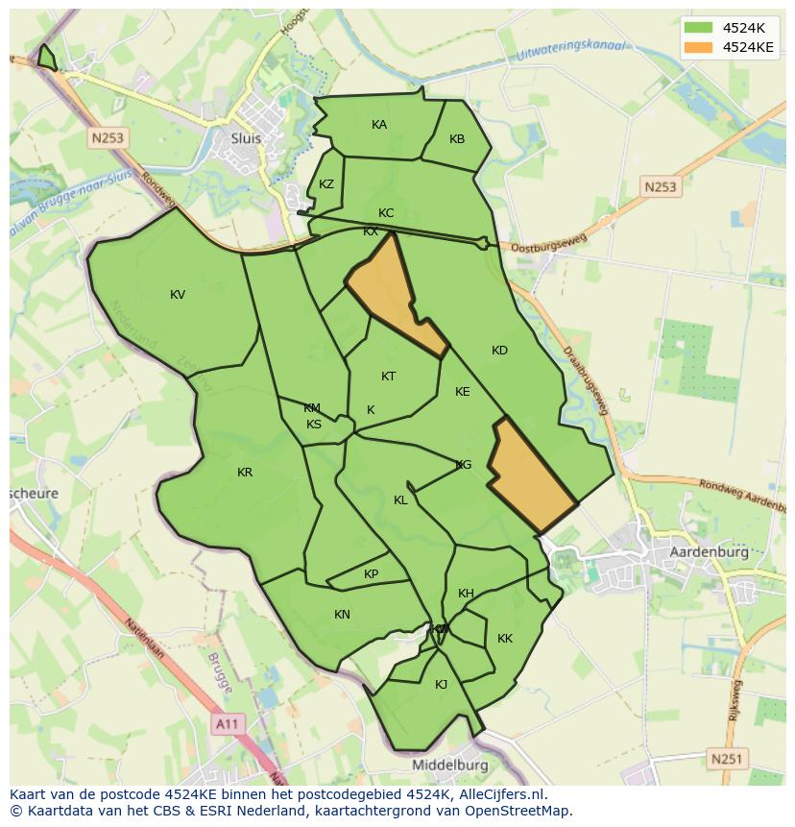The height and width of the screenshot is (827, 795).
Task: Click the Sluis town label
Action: click(246, 137)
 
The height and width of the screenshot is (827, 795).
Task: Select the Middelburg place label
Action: click(449, 765)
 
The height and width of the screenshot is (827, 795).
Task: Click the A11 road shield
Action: click(227, 723)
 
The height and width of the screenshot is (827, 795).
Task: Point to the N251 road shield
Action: click(727, 759)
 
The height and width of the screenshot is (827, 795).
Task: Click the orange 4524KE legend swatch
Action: click(698, 47)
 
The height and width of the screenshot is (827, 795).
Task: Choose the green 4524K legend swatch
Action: click(698, 27)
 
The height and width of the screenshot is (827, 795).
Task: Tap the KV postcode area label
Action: click(178, 295)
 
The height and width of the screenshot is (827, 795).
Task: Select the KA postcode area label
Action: click(379, 125)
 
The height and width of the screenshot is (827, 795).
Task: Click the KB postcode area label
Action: click(457, 139)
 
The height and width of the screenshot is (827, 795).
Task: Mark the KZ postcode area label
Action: click(326, 184)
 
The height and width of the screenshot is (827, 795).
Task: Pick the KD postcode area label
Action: click(499, 351)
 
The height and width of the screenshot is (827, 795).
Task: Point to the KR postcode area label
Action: click(245, 473)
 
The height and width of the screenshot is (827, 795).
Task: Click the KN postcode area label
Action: click(342, 615)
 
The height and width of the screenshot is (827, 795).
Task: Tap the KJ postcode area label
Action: click(442, 685)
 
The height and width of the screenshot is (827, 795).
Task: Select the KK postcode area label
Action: click(505, 639)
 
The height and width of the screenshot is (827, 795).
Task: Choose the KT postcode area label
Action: click(388, 377)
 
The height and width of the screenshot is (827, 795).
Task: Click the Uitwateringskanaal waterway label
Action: click(570, 50)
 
